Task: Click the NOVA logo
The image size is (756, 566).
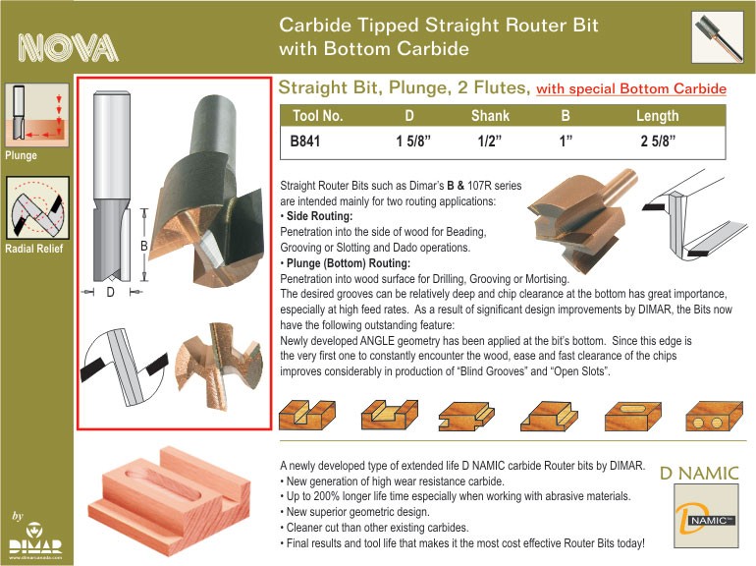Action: (x=68, y=48)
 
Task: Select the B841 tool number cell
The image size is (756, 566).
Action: (x=305, y=141)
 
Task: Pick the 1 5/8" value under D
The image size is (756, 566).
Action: (x=413, y=141)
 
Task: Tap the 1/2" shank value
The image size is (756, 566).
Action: (x=489, y=141)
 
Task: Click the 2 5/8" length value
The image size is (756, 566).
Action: (x=658, y=141)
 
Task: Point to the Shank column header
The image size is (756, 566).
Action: (x=490, y=116)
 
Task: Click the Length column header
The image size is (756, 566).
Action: (x=657, y=116)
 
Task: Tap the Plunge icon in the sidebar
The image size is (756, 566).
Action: (x=37, y=115)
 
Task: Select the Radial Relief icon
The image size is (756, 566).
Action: (x=37, y=207)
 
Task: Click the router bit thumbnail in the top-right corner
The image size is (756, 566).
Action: (x=718, y=37)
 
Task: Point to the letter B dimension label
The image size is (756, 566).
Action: (x=143, y=246)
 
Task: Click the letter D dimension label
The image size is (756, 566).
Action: (x=110, y=292)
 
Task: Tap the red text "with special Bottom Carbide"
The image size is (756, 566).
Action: (x=631, y=88)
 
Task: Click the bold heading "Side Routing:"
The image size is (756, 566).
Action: (x=319, y=216)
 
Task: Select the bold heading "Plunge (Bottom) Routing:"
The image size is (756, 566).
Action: (x=349, y=263)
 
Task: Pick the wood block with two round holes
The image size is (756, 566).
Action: (x=714, y=416)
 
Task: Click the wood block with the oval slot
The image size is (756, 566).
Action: (x=633, y=416)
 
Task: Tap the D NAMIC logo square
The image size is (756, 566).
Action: (x=706, y=516)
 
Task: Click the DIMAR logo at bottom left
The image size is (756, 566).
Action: (x=35, y=540)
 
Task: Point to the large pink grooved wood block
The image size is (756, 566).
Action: (x=169, y=501)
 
